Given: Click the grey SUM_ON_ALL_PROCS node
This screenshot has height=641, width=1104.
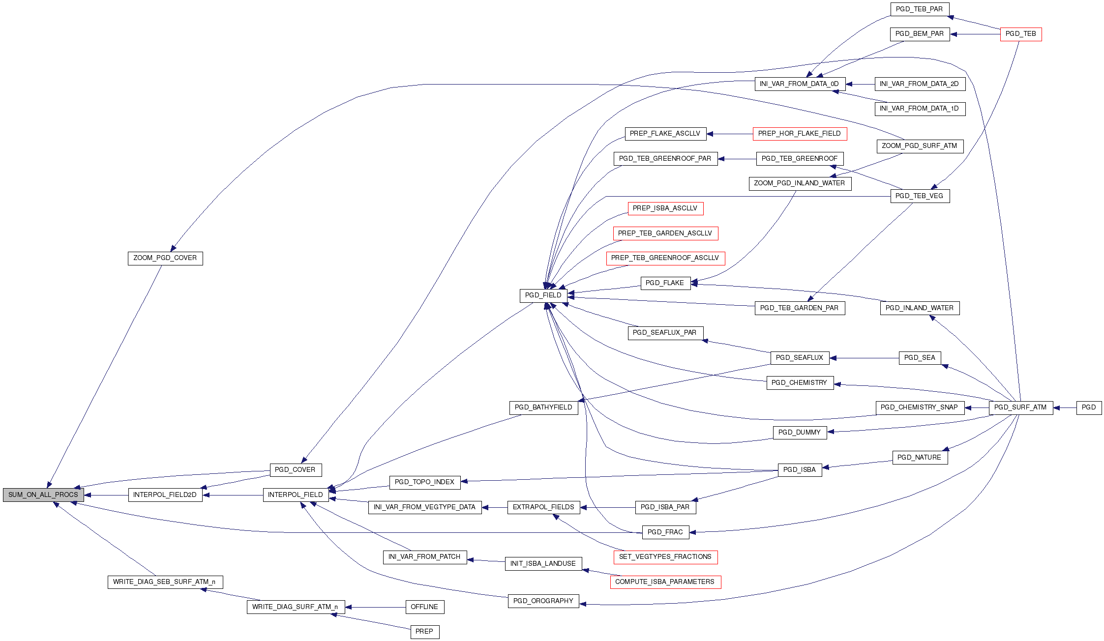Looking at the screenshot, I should tap(43, 495).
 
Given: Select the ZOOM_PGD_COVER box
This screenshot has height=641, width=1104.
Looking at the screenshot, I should tap(165, 258).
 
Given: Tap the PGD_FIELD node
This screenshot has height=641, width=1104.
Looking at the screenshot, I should tap(543, 295).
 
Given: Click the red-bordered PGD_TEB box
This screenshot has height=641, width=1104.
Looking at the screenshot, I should tap(1020, 34).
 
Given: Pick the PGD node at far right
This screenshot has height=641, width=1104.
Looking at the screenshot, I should tap(1089, 408).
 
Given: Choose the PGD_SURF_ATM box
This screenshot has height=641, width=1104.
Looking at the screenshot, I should tap(1020, 408).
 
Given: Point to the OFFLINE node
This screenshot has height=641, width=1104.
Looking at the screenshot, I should tap(424, 607).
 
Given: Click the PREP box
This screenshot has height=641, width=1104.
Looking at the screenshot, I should tap(424, 632).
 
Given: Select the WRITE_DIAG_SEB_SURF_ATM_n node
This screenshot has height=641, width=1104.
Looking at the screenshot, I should tap(165, 582).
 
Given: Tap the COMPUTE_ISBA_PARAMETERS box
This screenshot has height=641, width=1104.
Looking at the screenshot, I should tap(665, 582).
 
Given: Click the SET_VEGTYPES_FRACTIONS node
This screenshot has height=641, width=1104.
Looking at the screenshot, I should tap(665, 557).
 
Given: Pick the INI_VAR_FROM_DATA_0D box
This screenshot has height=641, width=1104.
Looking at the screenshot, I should tap(800, 84).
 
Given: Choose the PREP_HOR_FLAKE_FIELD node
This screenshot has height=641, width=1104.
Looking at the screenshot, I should tap(800, 134).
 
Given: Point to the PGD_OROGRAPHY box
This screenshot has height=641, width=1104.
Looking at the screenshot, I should tap(543, 601).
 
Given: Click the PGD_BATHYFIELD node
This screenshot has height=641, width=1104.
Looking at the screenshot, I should tap(543, 408).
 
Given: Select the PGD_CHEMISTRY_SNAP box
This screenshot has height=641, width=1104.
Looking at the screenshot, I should tap(919, 408).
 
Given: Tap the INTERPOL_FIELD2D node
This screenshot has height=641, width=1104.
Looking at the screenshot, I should tap(165, 495).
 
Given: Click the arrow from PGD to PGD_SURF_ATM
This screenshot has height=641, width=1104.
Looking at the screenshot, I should tap(1065, 408).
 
